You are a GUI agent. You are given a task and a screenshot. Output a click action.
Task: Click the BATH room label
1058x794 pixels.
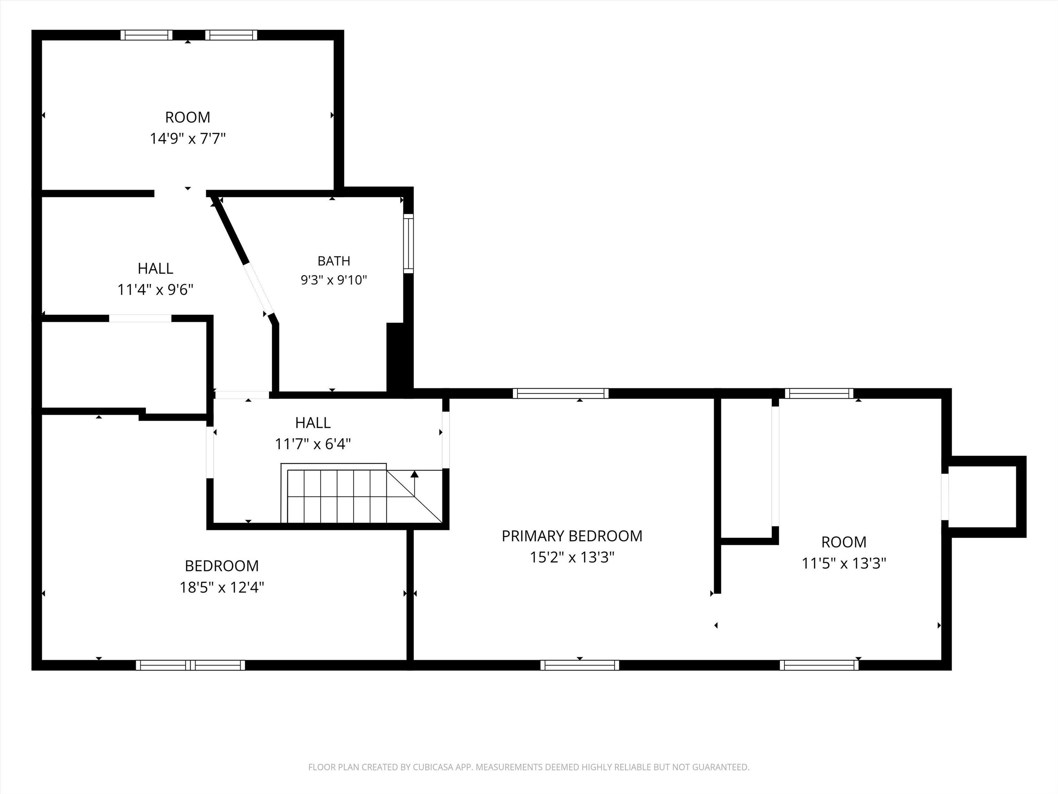coord(334,261)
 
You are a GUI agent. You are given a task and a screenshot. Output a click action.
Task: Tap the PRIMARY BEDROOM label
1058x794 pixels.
coord(572,536)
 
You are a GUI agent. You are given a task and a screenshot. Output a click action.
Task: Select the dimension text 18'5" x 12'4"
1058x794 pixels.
coord(222,587)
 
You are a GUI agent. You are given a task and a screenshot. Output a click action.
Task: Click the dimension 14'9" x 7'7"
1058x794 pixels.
coord(187,139)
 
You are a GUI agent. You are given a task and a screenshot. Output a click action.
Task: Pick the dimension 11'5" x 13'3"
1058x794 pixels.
coord(844,563)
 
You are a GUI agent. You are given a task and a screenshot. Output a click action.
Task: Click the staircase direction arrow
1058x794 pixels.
coord(415,483)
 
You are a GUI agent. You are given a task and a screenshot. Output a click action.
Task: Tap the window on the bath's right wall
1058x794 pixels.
coord(408,243)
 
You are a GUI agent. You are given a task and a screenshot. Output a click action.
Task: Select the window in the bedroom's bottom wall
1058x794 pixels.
coord(190,665)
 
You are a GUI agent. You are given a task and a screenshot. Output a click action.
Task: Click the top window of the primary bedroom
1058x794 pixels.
coord(561,394)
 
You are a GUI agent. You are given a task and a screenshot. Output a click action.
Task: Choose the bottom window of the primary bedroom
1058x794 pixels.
coord(580,665)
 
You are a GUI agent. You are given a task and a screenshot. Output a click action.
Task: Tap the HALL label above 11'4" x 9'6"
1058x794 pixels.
coord(155,268)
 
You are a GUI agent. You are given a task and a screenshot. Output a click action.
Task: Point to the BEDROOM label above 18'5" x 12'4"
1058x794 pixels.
coord(222,566)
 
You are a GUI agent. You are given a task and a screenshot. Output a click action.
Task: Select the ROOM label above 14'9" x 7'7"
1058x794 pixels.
coord(187,117)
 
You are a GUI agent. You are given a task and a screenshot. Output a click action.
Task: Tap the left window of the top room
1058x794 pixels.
coord(146,35)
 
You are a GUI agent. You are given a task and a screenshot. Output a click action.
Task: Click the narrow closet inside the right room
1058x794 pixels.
coord(746,468)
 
